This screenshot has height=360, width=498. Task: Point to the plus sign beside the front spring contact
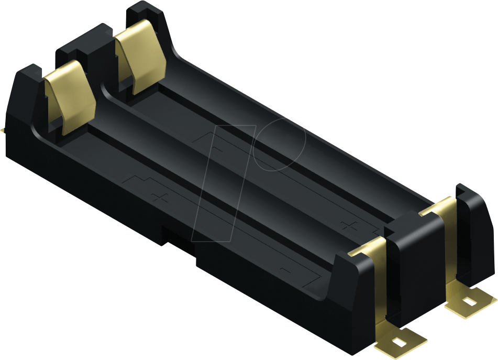[159, 198]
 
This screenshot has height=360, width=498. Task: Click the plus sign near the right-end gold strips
[348, 226]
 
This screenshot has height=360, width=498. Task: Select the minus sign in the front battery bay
[286, 270]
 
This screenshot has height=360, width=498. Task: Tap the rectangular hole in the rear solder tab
[470, 302]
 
